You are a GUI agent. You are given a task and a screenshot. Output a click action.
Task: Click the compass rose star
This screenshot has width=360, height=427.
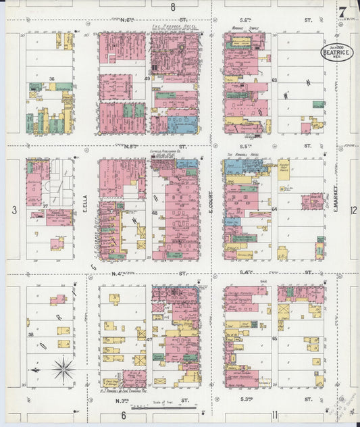pos(63,369)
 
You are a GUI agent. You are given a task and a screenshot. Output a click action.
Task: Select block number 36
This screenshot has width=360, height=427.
pos(51,79)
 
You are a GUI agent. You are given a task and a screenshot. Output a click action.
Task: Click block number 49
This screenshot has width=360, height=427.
pos(147,79)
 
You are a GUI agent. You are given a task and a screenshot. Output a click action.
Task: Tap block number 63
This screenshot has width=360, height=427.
pos(275,80)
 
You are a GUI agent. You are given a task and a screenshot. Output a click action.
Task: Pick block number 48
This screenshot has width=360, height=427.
pos(155,213)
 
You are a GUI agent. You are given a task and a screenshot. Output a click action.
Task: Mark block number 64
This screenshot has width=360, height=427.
pos(275,209)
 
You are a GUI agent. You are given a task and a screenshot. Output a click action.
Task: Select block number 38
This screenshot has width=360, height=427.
pos(30,335)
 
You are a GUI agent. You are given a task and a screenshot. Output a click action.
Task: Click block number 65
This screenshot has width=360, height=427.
pos(275,338)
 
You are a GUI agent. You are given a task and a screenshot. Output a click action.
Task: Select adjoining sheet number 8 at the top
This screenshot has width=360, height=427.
pos(173,7)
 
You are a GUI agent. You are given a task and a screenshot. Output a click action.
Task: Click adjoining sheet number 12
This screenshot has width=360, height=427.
pos(353,210)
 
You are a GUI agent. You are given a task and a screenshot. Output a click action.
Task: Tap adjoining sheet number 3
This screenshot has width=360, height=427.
pos(14,211)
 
